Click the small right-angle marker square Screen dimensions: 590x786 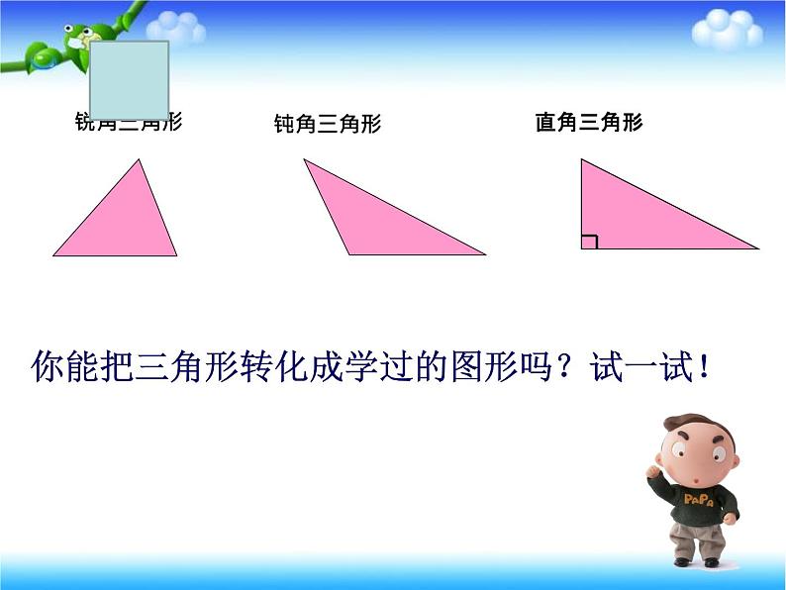click(589, 242)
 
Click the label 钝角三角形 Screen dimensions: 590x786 click(327, 125)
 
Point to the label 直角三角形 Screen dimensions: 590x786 click(589, 123)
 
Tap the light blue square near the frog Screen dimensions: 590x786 click(129, 79)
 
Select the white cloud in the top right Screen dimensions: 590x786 click(727, 30)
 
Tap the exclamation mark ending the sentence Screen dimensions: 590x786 click(704, 369)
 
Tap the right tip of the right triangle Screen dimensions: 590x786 click(757, 247)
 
